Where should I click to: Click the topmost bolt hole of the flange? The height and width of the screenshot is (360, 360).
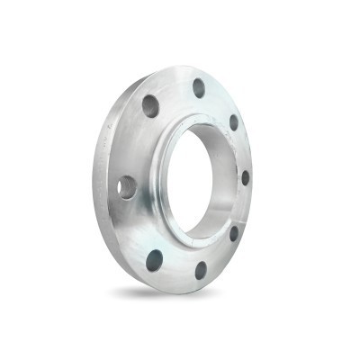point(199,87)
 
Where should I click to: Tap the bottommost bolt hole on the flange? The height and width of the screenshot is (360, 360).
point(201,269)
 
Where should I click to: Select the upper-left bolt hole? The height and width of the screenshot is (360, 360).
point(150,106)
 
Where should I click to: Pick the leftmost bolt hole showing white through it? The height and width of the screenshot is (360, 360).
point(126,187)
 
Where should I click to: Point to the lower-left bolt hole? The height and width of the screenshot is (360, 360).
point(154,261)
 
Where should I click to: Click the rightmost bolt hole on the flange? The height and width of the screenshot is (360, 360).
point(245,177)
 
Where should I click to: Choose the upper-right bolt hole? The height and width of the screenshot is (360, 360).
point(234,122)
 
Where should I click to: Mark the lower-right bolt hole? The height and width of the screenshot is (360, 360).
point(234,233)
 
